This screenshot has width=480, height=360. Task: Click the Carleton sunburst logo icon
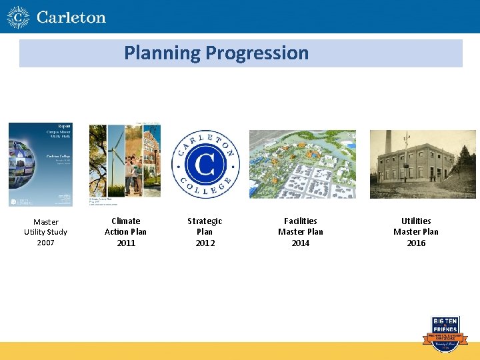(18, 17)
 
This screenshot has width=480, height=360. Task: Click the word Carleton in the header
(71, 17)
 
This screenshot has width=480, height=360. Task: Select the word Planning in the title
(162, 53)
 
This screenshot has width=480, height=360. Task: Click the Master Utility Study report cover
(41, 165)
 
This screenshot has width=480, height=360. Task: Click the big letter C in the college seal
(205, 164)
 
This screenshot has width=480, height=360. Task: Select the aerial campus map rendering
(302, 164)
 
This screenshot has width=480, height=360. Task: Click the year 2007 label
(45, 243)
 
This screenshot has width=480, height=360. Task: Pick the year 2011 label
(125, 243)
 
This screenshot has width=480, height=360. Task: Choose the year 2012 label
(205, 243)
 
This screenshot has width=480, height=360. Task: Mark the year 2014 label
(301, 243)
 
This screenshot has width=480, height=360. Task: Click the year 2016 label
(416, 243)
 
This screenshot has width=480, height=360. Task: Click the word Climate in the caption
(125, 221)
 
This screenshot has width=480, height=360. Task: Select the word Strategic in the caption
(205, 221)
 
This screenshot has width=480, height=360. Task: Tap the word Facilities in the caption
(301, 221)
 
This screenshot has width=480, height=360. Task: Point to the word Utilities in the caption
(416, 221)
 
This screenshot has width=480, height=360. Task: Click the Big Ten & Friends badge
(445, 330)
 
